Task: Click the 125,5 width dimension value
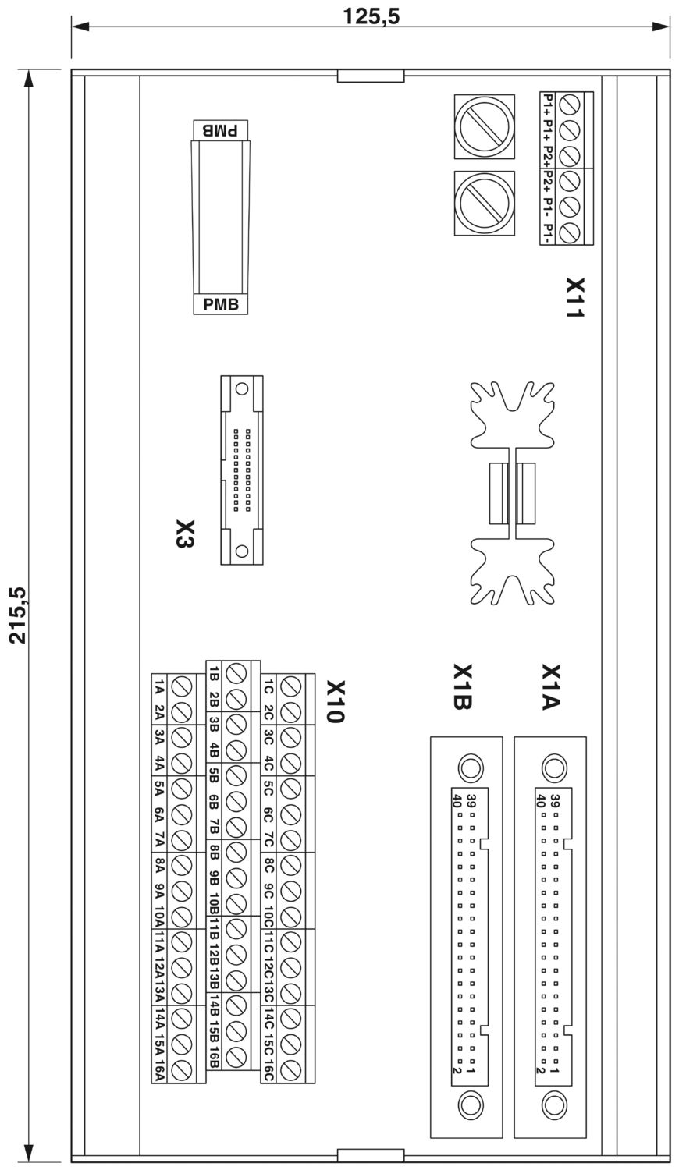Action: coord(371,16)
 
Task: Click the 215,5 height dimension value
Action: coord(20,615)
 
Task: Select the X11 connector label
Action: coord(575,297)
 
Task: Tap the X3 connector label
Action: coord(184,534)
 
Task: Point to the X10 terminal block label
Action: coord(336,701)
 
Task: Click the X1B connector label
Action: coord(463,686)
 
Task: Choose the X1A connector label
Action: coord(551,686)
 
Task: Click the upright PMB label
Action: coord(221,304)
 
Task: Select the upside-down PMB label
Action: coord(221,130)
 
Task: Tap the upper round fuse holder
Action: coord(485,126)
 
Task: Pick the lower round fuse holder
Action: coord(485,203)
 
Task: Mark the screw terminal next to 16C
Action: coord(290,1070)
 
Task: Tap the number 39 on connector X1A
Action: coord(555,801)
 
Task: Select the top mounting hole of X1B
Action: coord(470,768)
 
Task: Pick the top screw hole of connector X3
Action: coord(241,390)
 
